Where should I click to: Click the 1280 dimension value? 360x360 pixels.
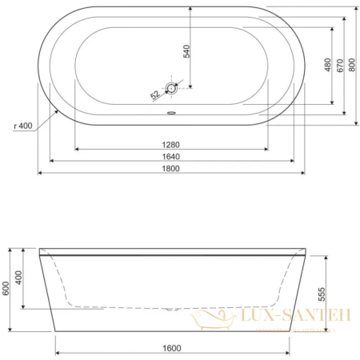click(173, 145)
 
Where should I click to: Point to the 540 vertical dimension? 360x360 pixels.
click(186, 53)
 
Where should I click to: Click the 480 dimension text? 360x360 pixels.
click(327, 66)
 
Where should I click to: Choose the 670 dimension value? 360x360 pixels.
click(340, 66)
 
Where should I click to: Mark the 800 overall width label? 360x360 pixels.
click(353, 66)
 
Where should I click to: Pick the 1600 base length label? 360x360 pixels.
click(173, 349)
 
